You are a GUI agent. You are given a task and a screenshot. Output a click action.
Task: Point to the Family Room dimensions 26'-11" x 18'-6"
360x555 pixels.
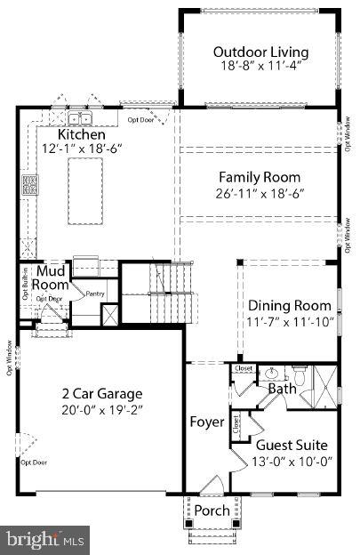[260, 194]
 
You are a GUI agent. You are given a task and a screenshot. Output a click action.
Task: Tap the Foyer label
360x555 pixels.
[206, 422]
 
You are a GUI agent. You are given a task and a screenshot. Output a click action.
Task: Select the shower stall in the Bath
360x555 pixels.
[326, 387]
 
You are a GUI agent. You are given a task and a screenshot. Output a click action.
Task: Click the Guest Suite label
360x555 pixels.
[292, 444]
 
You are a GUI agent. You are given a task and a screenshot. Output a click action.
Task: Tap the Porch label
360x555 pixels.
[212, 511]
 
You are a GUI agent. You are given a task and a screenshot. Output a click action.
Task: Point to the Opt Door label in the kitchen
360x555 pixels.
[140, 119]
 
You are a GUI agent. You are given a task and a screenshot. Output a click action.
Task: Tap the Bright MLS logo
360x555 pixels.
[44, 538]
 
